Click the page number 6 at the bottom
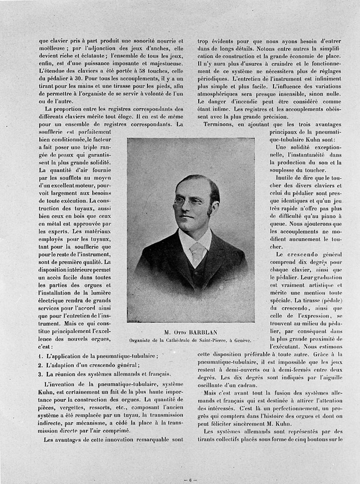(x=190, y=479)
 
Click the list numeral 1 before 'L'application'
(x=40, y=355)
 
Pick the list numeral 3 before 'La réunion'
(x=40, y=373)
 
